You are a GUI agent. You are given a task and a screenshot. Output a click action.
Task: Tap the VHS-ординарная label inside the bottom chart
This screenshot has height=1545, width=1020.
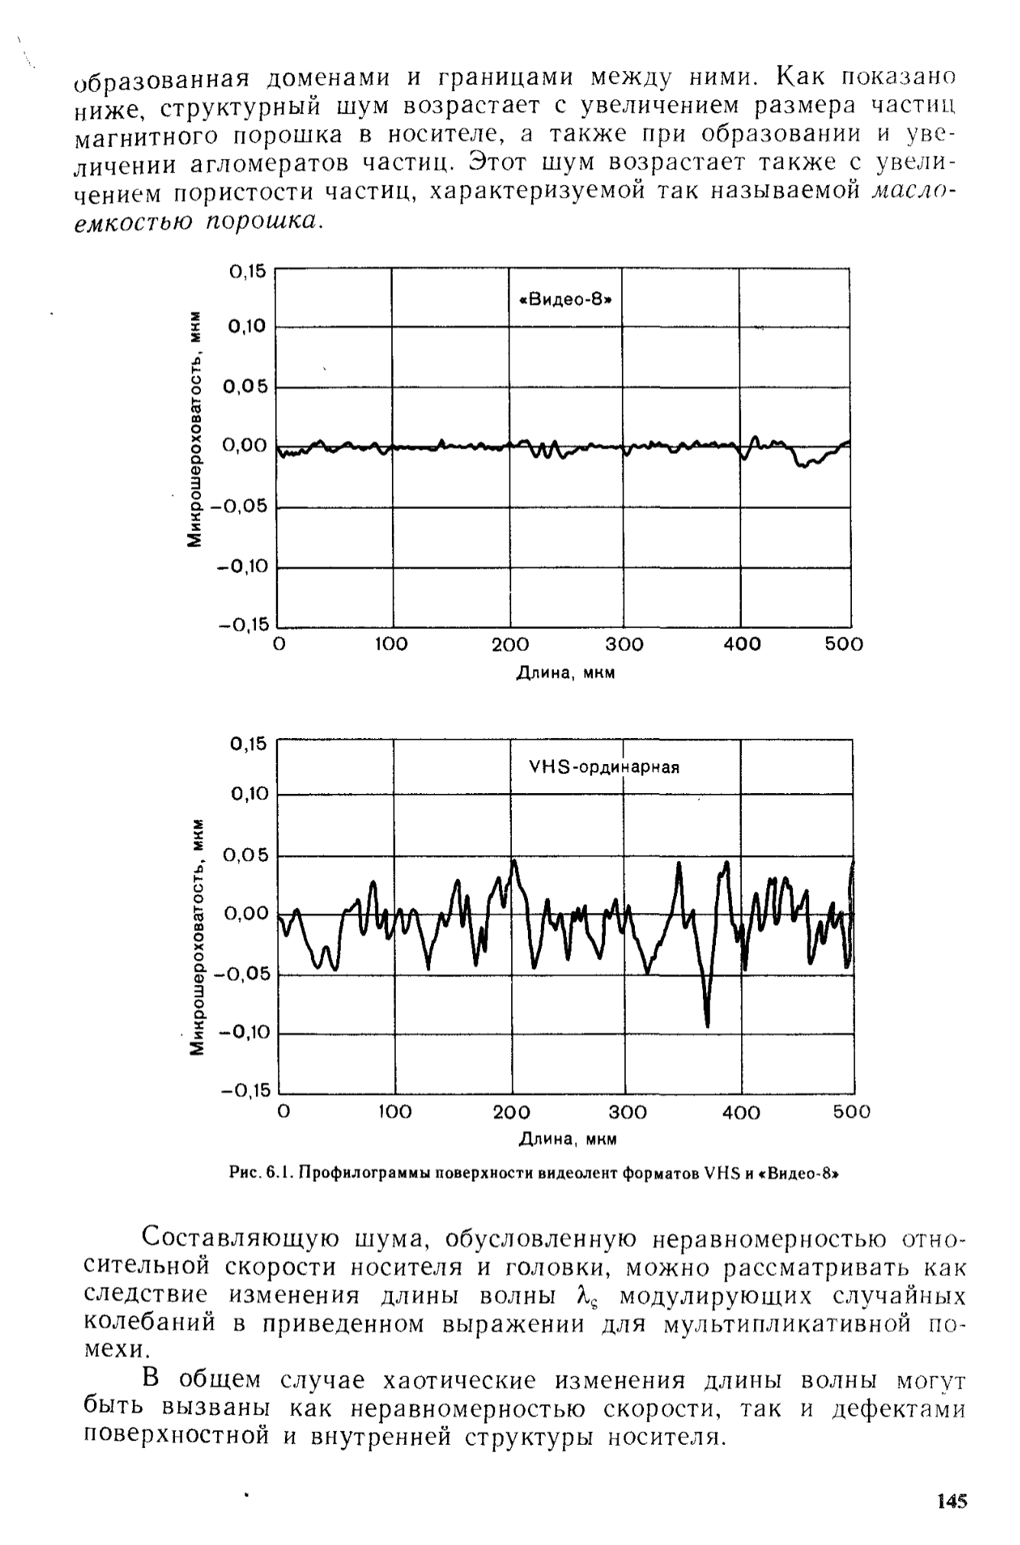click(x=604, y=767)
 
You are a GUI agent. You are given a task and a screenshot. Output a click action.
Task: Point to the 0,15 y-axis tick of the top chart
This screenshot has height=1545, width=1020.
click(x=246, y=271)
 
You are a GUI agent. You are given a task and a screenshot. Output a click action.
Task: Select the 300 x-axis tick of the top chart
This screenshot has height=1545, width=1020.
click(x=624, y=645)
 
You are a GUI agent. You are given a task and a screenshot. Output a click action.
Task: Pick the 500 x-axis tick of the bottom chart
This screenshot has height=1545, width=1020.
click(x=852, y=1112)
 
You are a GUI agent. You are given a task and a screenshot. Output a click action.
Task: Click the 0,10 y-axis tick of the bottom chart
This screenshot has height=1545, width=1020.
click(x=249, y=795)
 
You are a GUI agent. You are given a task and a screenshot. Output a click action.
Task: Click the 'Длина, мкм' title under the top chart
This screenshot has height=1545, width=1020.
click(x=566, y=673)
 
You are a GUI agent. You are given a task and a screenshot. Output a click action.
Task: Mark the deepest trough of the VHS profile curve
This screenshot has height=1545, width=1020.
click(x=708, y=1025)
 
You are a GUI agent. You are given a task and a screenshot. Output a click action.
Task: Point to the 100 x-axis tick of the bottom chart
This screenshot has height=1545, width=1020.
click(x=395, y=1112)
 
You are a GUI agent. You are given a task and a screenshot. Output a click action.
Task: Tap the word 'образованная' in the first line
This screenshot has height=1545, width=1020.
click(x=162, y=79)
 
